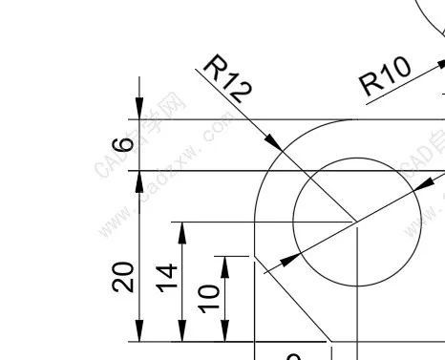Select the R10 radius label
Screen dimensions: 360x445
[385, 76]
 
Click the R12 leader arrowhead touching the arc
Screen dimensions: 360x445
[275, 143]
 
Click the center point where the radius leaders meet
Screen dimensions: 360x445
[356, 222]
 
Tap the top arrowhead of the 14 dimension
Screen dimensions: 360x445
[181, 230]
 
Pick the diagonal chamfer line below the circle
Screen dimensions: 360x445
[290, 296]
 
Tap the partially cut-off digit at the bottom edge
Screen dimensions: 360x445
[294, 356]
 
